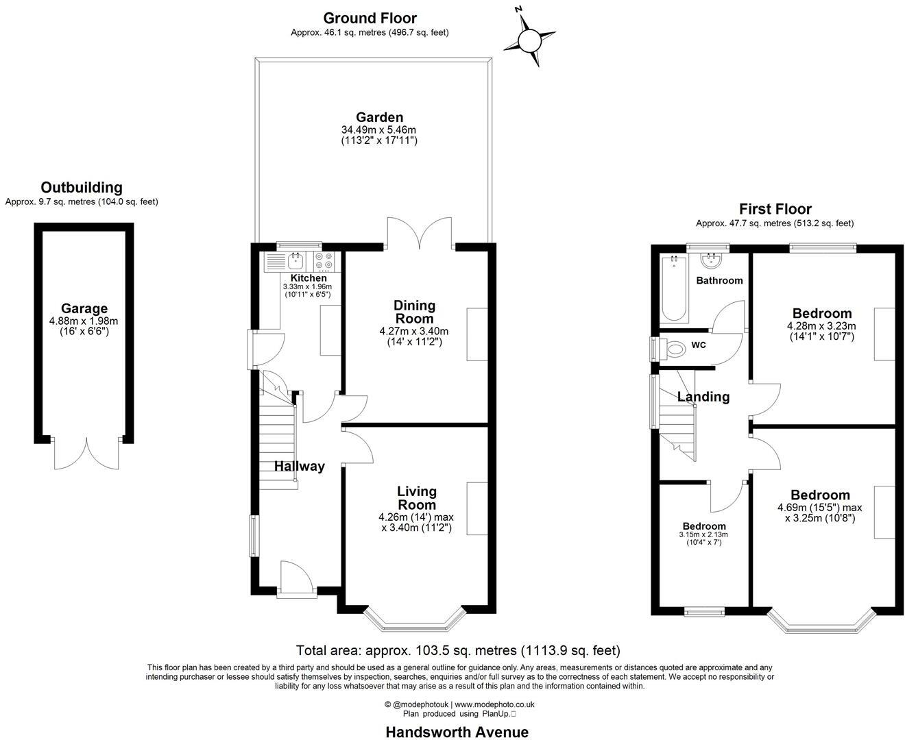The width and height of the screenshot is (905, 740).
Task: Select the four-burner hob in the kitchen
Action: tap(324, 262)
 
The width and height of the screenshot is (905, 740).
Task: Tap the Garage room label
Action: tap(84, 309)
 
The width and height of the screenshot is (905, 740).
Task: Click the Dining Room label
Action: tap(414, 312)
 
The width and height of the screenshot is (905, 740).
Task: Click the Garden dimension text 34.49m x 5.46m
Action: tap(379, 129)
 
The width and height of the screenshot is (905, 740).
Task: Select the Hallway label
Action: tap(300, 467)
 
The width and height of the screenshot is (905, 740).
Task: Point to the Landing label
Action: tap(703, 397)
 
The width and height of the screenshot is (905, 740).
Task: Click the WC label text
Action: tap(699, 345)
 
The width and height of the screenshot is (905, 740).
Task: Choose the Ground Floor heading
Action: tap(370, 18)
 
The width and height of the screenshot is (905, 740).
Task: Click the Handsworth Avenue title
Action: tap(457, 732)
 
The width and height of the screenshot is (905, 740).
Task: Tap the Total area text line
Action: tap(457, 650)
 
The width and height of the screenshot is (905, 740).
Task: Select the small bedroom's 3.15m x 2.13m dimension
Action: tap(703, 534)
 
